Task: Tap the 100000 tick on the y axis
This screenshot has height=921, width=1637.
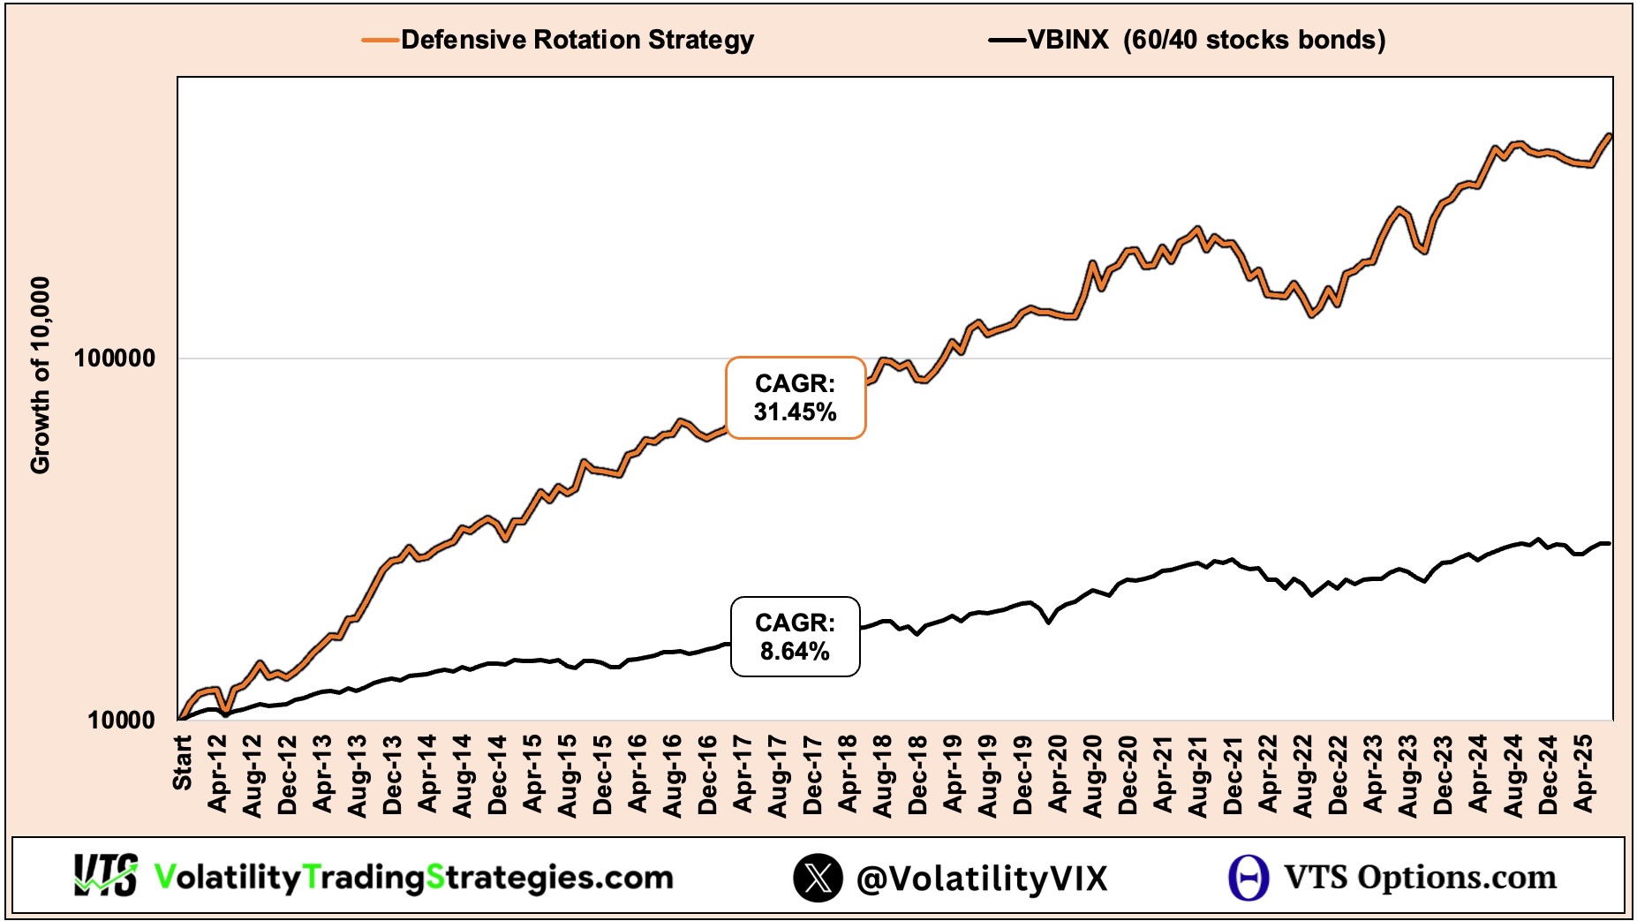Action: click(115, 359)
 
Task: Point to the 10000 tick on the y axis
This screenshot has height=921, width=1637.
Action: click(121, 720)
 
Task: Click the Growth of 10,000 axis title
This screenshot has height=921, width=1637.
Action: click(41, 375)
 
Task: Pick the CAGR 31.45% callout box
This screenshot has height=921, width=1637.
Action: click(795, 398)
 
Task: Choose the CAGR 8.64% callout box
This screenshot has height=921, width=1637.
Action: click(795, 637)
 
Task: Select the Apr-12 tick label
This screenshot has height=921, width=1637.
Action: click(217, 774)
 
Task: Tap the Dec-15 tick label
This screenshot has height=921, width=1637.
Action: click(603, 774)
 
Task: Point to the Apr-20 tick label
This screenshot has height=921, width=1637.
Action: click(1058, 774)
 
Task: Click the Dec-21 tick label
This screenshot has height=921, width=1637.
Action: click(1233, 774)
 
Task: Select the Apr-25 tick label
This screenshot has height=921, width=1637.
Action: click(1584, 774)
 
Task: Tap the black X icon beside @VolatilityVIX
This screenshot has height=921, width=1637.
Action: click(818, 878)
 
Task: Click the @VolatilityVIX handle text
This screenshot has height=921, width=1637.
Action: click(982, 879)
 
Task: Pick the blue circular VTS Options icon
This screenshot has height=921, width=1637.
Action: click(1248, 878)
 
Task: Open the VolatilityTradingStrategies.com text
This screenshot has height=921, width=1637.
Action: click(413, 877)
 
